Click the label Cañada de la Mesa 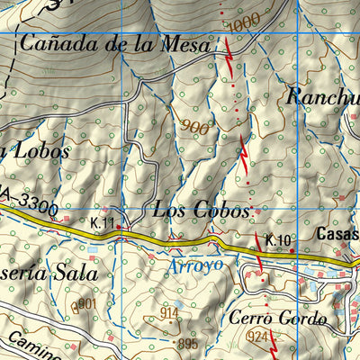[116, 43]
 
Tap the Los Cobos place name [201, 211]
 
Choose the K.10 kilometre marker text [278, 239]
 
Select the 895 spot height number [186, 344]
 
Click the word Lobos [39, 151]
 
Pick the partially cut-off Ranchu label [322, 95]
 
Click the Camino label [27, 345]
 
